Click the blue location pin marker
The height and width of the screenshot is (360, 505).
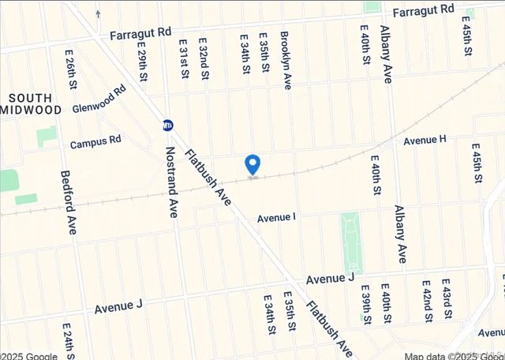click(252, 164)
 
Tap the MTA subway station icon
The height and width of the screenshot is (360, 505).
click(168, 125)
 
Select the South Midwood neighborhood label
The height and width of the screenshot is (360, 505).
click(29, 103)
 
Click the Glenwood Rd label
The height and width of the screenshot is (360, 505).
click(99, 100)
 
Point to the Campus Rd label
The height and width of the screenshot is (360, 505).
click(95, 143)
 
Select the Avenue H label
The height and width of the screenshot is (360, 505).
click(425, 140)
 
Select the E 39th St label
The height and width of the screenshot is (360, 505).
click(365, 305)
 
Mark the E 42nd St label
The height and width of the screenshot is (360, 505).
click(427, 301)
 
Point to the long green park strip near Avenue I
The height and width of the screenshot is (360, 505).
click(350, 243)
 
